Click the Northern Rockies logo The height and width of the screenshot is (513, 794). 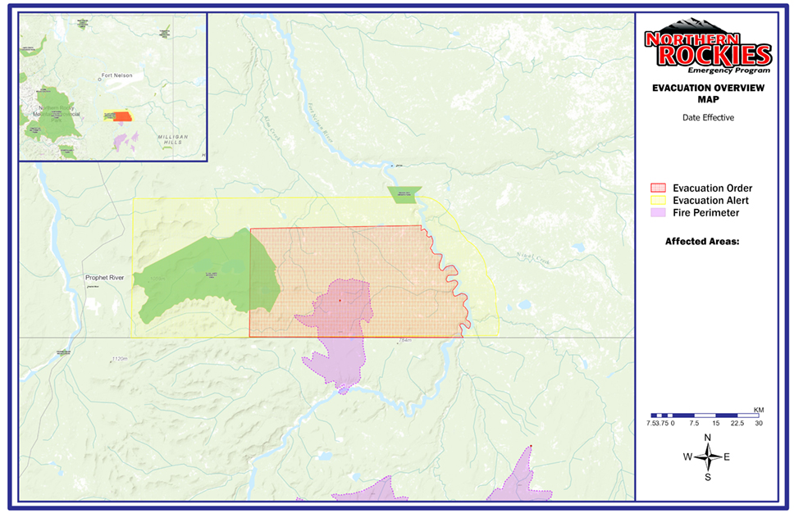pos(707,48)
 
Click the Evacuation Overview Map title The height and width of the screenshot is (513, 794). pos(707,93)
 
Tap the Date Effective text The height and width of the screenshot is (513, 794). pos(707,117)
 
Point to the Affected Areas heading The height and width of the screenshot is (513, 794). pos(702,242)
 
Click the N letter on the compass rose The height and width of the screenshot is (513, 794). pos(708,438)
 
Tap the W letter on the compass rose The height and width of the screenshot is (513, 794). pos(687,457)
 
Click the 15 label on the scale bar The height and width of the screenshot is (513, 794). pos(717,424)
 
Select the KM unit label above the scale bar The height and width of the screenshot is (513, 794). pos(759,409)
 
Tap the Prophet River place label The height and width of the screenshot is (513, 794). pos(104,278)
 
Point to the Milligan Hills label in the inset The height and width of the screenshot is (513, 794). pos(171,138)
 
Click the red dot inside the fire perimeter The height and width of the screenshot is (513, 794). pos(340,301)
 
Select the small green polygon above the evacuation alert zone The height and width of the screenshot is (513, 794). pos(404,194)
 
